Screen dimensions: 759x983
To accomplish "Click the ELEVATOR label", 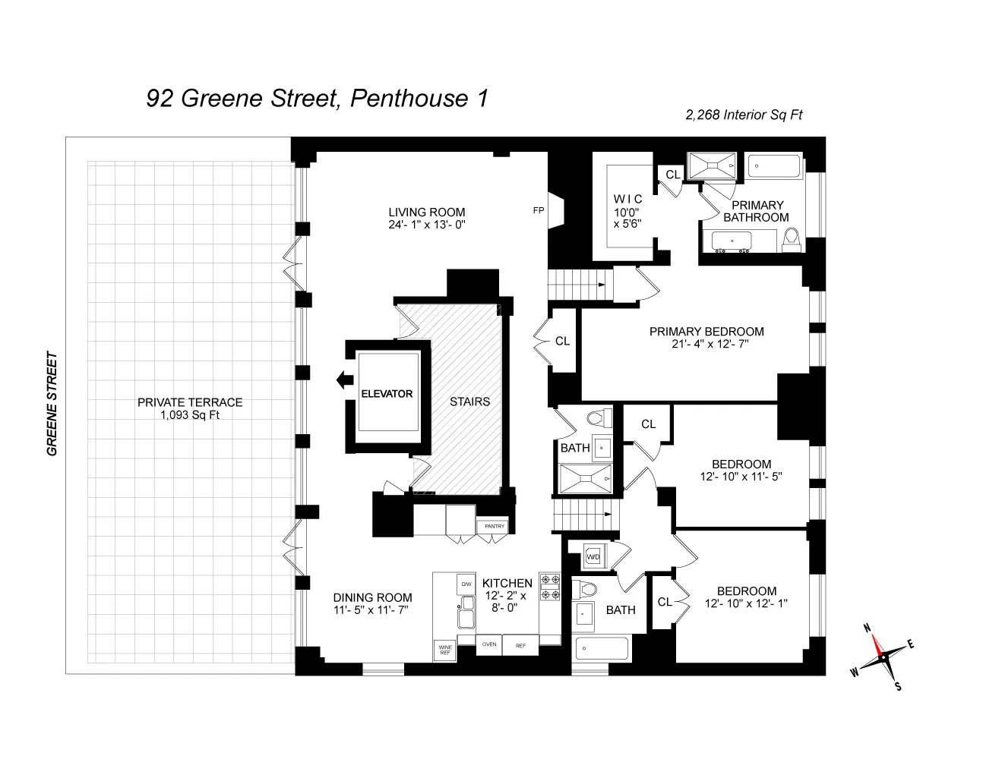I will (x=387, y=394).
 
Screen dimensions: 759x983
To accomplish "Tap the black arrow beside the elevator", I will (x=346, y=379).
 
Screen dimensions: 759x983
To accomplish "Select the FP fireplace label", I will (x=539, y=211).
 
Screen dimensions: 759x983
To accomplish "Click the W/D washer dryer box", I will (x=593, y=557).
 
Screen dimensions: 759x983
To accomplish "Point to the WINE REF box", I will (x=444, y=650).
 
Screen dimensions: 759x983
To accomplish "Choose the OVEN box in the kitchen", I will (x=489, y=645).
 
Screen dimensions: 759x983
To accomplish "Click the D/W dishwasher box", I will (x=465, y=584).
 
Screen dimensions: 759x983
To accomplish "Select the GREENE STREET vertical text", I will (x=52, y=403).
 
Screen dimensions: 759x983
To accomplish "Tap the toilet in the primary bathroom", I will (x=792, y=238).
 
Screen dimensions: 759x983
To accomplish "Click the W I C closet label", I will (x=627, y=199).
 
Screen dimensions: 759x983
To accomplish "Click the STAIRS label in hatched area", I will (x=469, y=402).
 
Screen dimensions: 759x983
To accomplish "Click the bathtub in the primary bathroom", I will (x=774, y=166).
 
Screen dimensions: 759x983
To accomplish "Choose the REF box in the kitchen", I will (x=521, y=645).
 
